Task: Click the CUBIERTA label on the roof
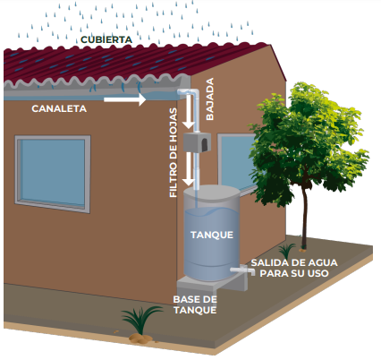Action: (x=106, y=39)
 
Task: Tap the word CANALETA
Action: (x=59, y=108)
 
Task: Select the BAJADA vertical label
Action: (x=210, y=99)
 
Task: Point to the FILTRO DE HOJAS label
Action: (x=174, y=152)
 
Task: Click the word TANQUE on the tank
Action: (x=212, y=235)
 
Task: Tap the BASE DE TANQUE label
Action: (x=195, y=304)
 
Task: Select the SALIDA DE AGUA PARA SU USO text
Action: (x=294, y=268)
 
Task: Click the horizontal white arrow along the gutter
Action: (x=124, y=99)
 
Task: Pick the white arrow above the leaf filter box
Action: (x=189, y=111)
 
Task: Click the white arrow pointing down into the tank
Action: (x=189, y=168)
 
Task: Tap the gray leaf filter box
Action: (x=197, y=142)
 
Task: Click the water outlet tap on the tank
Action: (x=243, y=270)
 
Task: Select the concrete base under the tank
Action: (x=212, y=284)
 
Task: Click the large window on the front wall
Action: (x=53, y=174)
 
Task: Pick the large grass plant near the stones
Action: (x=140, y=319)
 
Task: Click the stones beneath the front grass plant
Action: (x=141, y=339)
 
